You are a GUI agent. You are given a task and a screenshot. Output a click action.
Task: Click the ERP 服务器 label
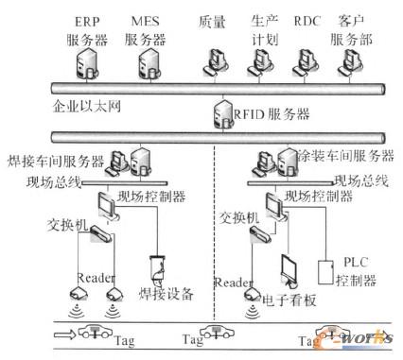tap(91, 26)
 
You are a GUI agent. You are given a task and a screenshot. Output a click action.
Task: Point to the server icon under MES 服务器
tap(148, 61)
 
